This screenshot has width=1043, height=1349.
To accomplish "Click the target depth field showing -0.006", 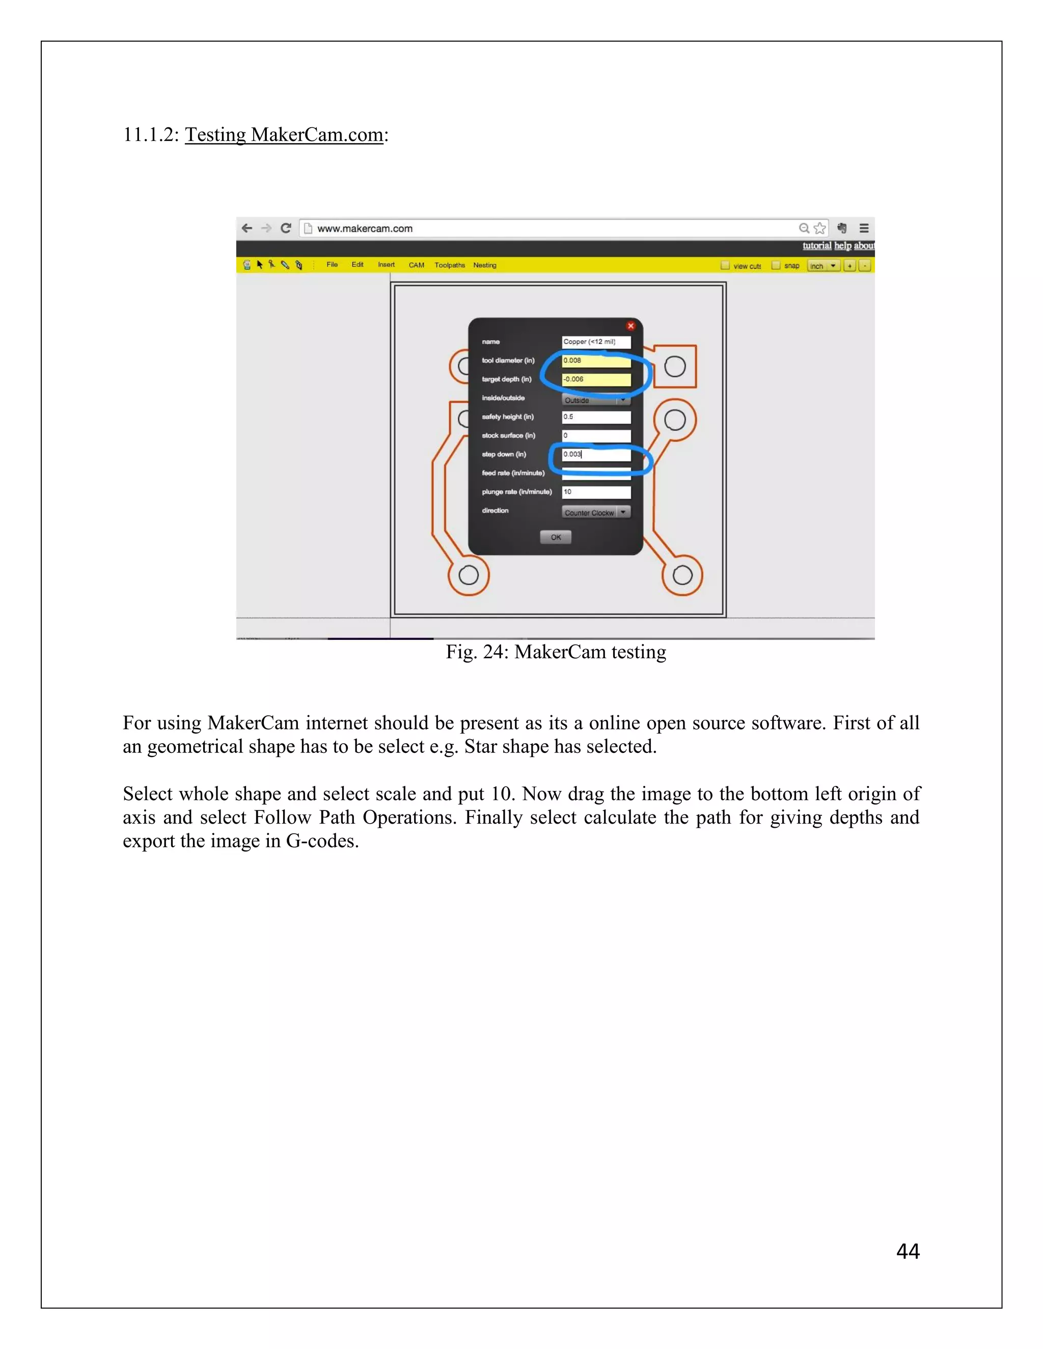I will coord(596,379).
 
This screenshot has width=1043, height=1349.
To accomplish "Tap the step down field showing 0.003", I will coord(596,455).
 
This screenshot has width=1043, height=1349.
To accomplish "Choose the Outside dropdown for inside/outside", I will coord(596,400).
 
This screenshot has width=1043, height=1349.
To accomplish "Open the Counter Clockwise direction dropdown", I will coord(596,512).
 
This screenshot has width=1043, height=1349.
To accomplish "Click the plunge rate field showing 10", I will coord(596,492).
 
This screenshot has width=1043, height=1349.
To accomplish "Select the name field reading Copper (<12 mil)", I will coord(596,342).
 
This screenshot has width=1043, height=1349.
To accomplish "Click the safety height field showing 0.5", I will coord(596,417).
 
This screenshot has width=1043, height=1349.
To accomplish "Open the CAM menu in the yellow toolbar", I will coord(417,265).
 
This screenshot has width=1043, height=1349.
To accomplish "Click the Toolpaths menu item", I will coord(449,265).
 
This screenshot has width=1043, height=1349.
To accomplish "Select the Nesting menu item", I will coord(484,265).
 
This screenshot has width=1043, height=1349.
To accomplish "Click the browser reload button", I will coord(286,228).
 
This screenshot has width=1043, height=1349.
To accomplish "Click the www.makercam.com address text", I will coord(365,229).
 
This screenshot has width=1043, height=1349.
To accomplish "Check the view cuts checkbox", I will coord(725,266).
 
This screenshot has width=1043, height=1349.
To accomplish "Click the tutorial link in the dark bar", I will coord(816,246).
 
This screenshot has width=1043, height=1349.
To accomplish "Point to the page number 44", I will coord(907,1251).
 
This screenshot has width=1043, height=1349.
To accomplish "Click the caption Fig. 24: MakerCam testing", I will coord(556,652).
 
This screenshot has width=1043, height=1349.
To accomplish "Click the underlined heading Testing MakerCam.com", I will coord(284,135).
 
